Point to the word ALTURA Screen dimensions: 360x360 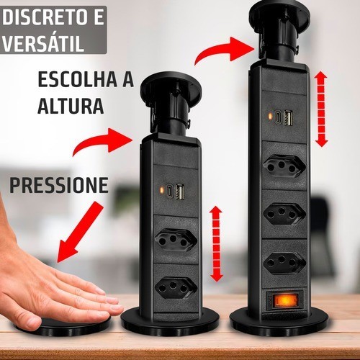coord(71,105)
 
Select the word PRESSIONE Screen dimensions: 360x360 coord(59,185)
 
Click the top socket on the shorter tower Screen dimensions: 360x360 coord(176,240)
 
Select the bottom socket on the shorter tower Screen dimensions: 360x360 coord(176,288)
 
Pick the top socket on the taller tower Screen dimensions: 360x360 coord(284,166)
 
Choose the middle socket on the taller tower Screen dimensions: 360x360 coord(284,214)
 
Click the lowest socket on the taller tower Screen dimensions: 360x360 coord(284,262)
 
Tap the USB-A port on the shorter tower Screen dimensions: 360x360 coord(180,191)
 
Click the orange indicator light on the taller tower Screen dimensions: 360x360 coord(270,117)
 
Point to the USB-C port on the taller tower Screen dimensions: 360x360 coord(279,117)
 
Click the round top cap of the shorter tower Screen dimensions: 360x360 coord(171,88)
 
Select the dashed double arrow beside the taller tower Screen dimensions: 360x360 coord(321,109)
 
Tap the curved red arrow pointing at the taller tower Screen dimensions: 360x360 coord(225,52)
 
